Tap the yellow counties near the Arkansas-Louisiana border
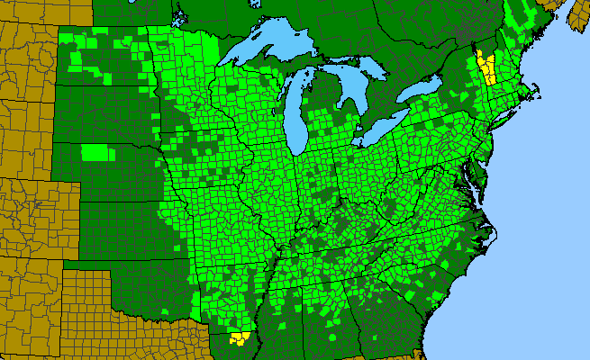click(240, 338)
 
